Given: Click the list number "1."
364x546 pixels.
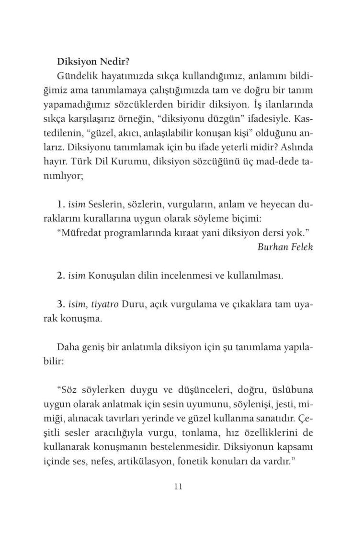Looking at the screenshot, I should [x=61, y=205].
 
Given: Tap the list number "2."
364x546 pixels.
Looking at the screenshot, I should [x=61, y=276].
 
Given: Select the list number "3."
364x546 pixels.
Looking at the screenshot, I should [x=61, y=304].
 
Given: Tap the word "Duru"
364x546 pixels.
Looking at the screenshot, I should [x=133, y=304].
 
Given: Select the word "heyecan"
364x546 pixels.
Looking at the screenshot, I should [x=275, y=205].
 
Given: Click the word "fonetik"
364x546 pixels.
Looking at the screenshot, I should [x=223, y=464].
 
